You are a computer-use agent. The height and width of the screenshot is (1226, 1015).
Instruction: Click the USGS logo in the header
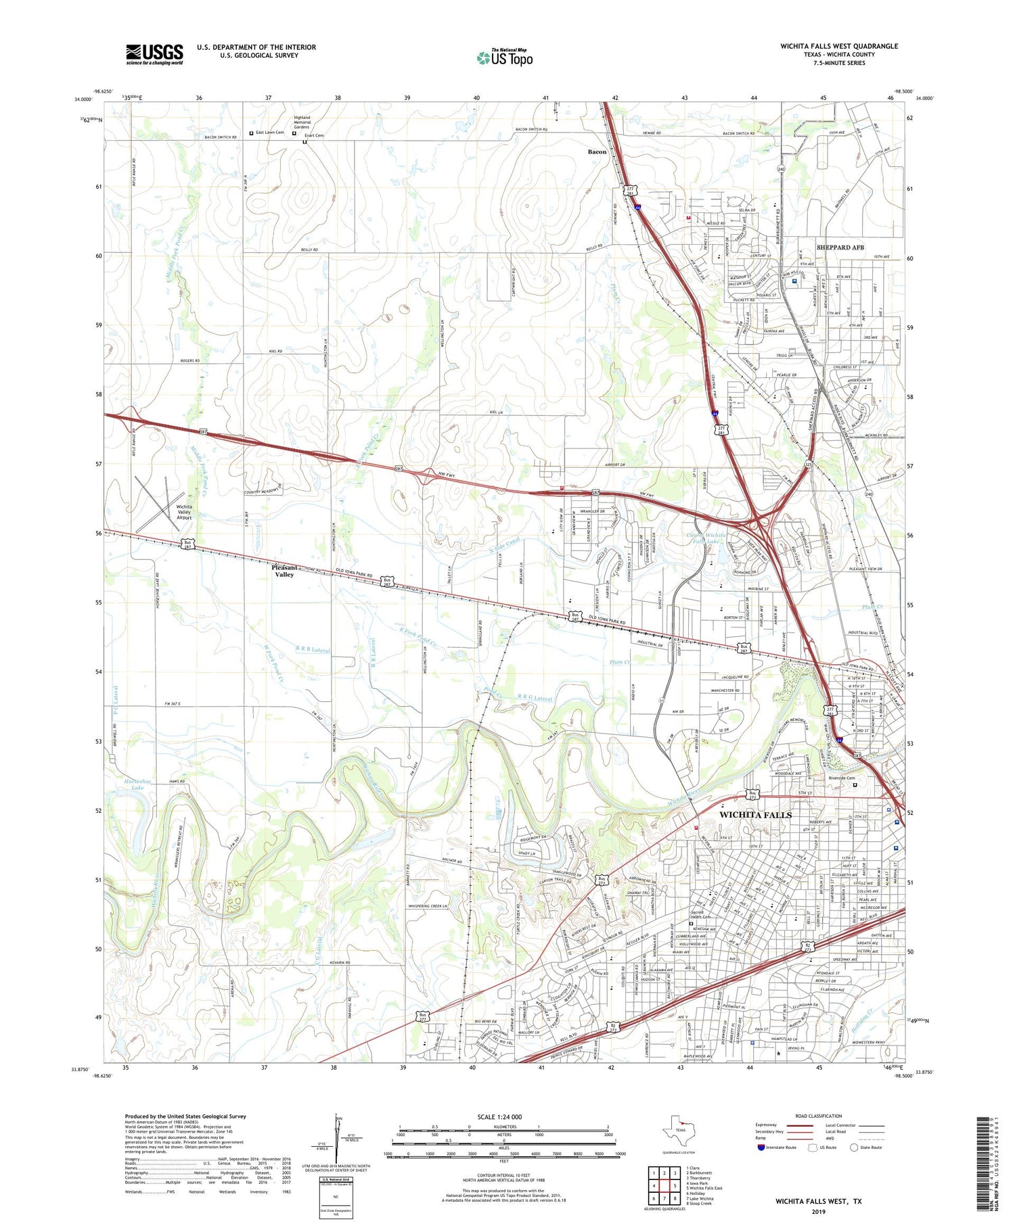154,54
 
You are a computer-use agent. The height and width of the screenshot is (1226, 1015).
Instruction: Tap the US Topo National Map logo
504,57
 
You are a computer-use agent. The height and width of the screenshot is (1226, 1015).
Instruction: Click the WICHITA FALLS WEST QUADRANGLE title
838,46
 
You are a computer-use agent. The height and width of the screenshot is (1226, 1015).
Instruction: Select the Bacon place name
597,152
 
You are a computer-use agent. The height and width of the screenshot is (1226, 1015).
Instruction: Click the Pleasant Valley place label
283,571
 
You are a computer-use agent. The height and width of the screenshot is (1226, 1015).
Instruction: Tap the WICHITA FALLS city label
755,815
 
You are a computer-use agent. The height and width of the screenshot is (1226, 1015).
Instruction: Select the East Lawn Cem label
269,133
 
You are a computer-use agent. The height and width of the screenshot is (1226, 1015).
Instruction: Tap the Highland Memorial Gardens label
302,122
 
